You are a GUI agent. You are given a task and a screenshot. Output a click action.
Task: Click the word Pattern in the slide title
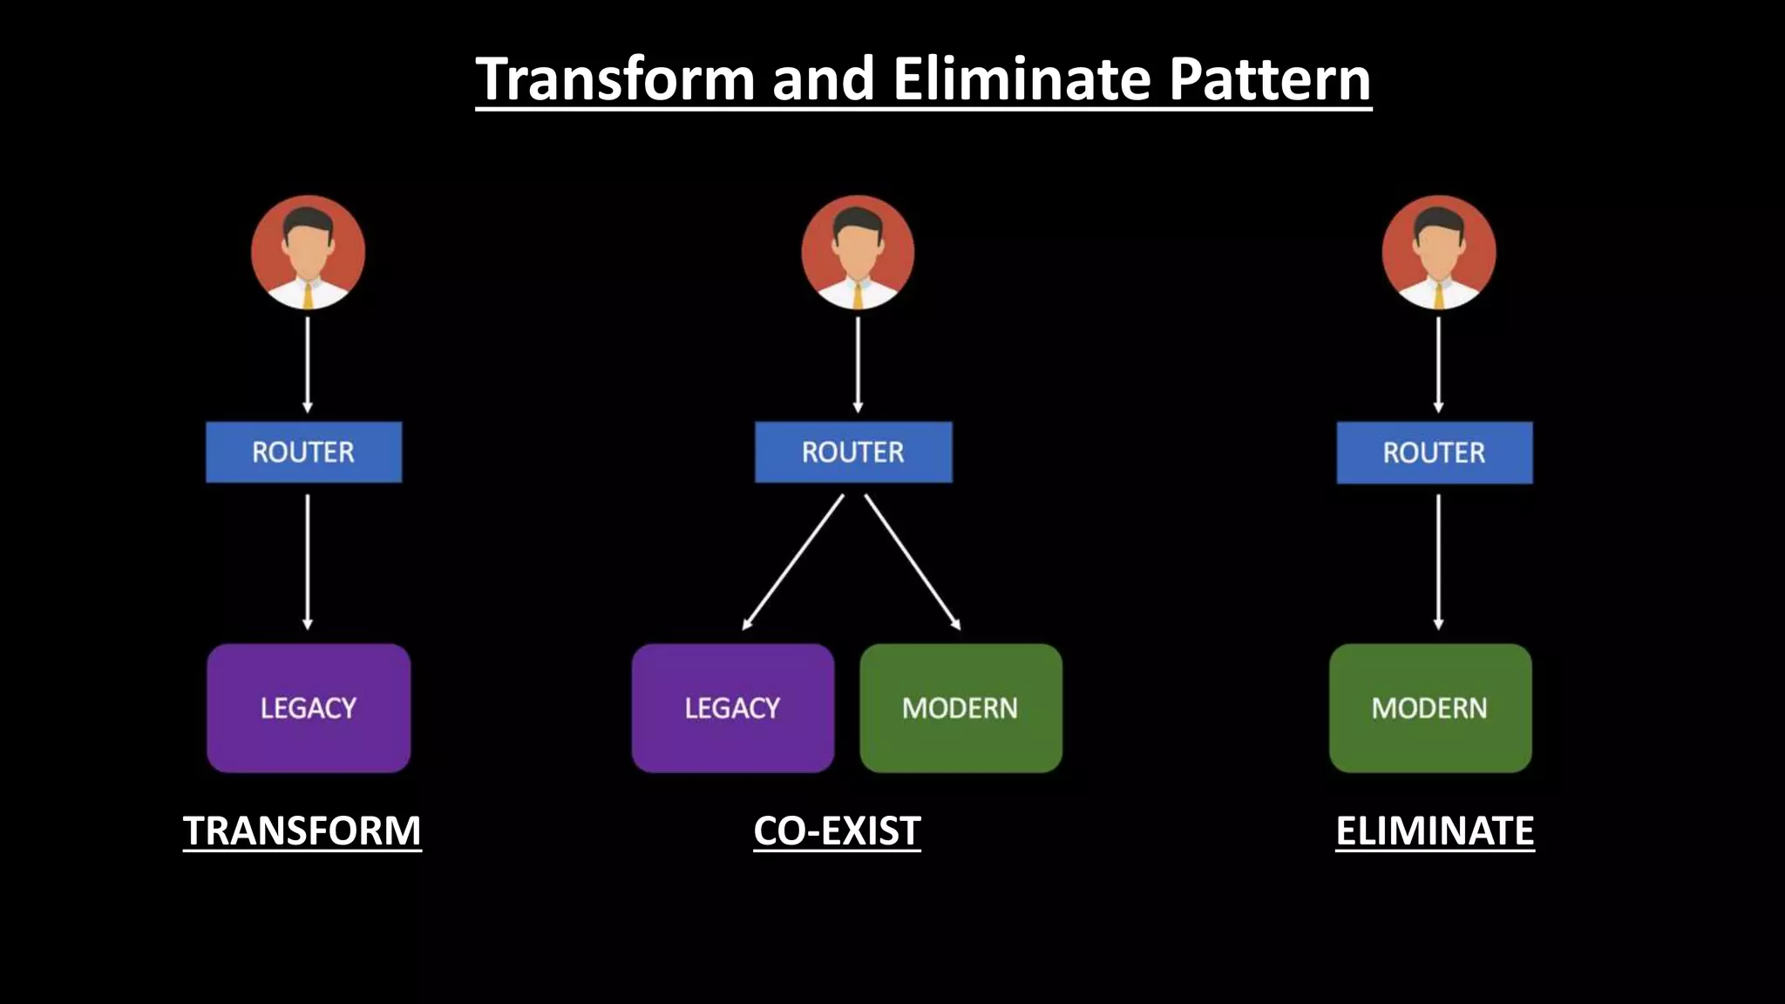(x=1270, y=79)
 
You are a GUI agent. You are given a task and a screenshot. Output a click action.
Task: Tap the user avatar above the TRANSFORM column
(x=308, y=253)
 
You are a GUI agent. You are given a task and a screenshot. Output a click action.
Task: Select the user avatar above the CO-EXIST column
(x=858, y=253)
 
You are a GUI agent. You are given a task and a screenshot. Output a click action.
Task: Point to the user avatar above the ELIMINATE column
(x=1438, y=253)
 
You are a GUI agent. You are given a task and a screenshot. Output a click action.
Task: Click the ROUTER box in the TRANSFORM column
(x=303, y=452)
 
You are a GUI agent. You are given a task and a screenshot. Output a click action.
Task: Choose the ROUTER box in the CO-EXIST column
(x=853, y=452)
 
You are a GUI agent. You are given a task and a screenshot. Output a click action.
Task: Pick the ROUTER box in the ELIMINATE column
(x=1434, y=452)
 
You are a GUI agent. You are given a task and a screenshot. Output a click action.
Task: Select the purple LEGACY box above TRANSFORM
(x=309, y=708)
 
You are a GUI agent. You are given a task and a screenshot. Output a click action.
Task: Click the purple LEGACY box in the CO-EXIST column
(x=732, y=708)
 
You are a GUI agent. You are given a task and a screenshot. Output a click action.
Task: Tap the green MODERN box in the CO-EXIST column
(x=960, y=708)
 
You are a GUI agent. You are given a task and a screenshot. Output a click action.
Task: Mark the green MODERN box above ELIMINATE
(x=1430, y=708)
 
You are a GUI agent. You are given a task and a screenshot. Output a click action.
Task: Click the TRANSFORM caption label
(x=302, y=831)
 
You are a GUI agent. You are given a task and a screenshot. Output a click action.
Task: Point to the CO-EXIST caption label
(x=837, y=831)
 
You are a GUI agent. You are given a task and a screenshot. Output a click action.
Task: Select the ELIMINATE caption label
(x=1435, y=831)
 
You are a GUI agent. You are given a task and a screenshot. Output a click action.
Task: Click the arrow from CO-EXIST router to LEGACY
(x=793, y=562)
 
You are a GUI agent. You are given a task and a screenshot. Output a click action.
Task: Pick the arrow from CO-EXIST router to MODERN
(x=913, y=562)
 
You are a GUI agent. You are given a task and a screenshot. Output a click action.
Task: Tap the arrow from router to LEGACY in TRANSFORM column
(x=307, y=562)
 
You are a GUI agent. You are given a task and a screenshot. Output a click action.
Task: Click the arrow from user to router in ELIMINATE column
(x=1438, y=364)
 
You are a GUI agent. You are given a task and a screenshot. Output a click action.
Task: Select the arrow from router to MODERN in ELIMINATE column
(x=1438, y=562)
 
